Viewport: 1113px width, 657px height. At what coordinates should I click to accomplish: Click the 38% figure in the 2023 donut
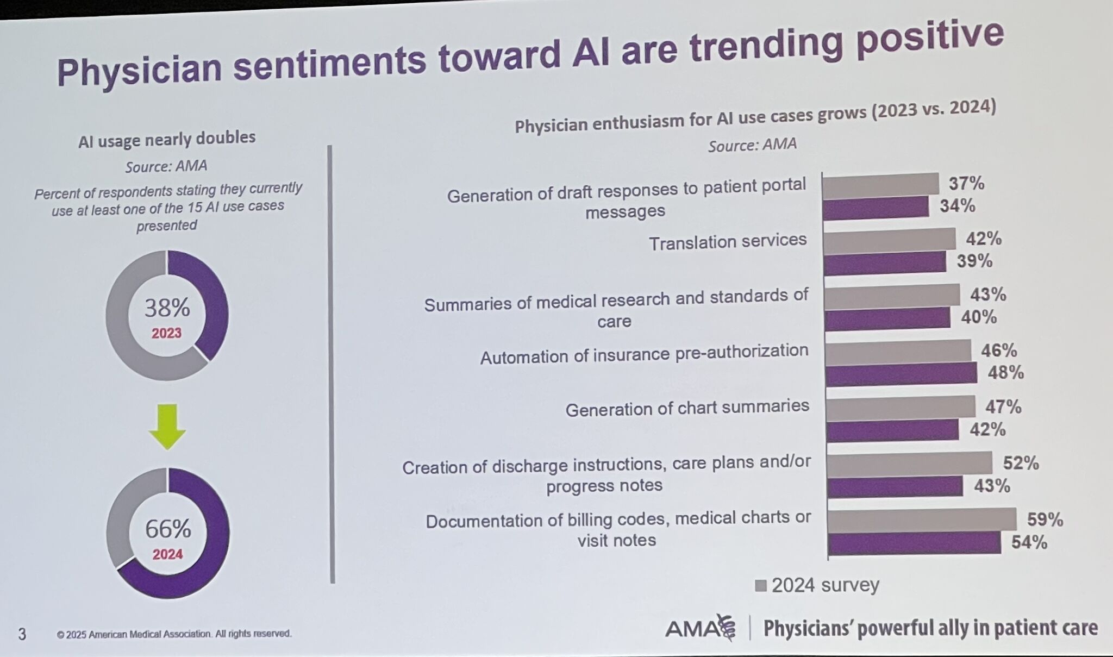pyautogui.click(x=167, y=308)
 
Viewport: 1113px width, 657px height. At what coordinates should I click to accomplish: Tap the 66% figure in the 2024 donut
pyautogui.click(x=168, y=529)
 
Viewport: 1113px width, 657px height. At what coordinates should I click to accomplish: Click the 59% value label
pyautogui.click(x=1045, y=520)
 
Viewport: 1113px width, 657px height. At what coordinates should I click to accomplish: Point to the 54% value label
pyautogui.click(x=1029, y=542)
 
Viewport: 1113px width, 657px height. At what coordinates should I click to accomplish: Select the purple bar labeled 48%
pyautogui.click(x=901, y=374)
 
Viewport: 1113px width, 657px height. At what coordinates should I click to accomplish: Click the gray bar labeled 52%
pyautogui.click(x=909, y=464)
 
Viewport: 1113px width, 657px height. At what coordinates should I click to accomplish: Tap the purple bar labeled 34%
pyautogui.click(x=876, y=208)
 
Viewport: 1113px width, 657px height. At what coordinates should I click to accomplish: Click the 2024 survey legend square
pyautogui.click(x=761, y=586)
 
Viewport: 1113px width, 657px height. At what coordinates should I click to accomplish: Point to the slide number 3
pyautogui.click(x=22, y=634)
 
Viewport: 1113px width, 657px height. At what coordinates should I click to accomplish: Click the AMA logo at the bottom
pyautogui.click(x=700, y=629)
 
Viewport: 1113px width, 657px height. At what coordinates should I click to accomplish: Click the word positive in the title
pyautogui.click(x=930, y=39)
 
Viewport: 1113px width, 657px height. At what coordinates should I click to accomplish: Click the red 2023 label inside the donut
pyautogui.click(x=166, y=333)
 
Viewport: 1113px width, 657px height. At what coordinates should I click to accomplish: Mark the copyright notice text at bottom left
pyautogui.click(x=174, y=634)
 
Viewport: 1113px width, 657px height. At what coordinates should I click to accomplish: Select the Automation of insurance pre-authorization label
pyautogui.click(x=644, y=354)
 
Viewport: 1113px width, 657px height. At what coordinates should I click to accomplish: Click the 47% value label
pyautogui.click(x=1003, y=406)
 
